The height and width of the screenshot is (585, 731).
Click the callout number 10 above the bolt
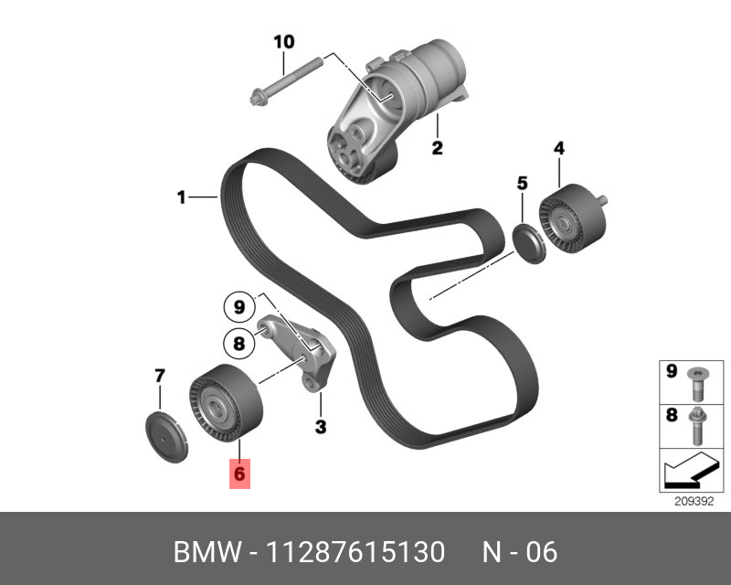pos(284,42)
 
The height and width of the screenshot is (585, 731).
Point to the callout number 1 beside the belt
pos(181,197)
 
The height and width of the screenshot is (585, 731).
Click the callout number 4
pos(558,148)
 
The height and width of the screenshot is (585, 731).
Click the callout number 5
pos(522,184)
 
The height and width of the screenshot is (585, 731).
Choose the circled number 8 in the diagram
pos(238,343)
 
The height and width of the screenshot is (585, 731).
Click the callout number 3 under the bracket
pos(321,426)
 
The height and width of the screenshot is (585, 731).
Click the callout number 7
pos(159,376)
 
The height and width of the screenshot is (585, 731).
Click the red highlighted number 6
pos(238,473)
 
